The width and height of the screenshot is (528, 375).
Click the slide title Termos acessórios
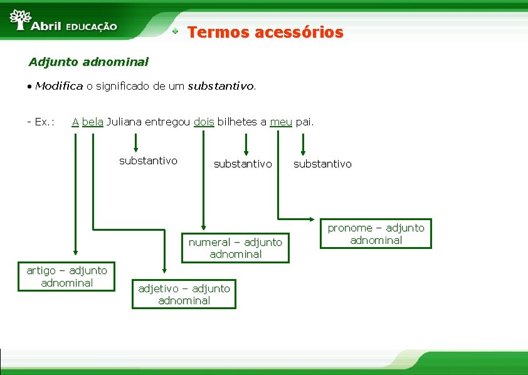(265, 32)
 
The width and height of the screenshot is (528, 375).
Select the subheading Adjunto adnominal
(88, 62)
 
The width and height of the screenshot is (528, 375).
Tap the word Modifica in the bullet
(59, 86)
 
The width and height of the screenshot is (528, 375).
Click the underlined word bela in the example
(92, 122)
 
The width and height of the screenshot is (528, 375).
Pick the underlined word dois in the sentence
(204, 122)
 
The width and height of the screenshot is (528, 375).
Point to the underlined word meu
(281, 122)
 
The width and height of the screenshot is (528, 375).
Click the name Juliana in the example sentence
(124, 122)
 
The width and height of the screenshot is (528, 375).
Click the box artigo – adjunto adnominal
(67, 277)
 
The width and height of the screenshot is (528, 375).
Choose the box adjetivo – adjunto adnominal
(184, 294)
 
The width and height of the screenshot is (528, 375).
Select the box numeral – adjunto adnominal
(235, 248)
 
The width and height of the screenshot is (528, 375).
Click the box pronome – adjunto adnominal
(376, 233)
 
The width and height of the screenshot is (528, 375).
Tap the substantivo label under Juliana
(148, 161)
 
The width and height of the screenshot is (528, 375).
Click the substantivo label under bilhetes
(243, 164)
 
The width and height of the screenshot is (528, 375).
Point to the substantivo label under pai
(322, 164)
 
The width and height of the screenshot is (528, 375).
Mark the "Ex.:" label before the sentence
(40, 122)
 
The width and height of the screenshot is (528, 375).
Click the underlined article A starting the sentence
(75, 122)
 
